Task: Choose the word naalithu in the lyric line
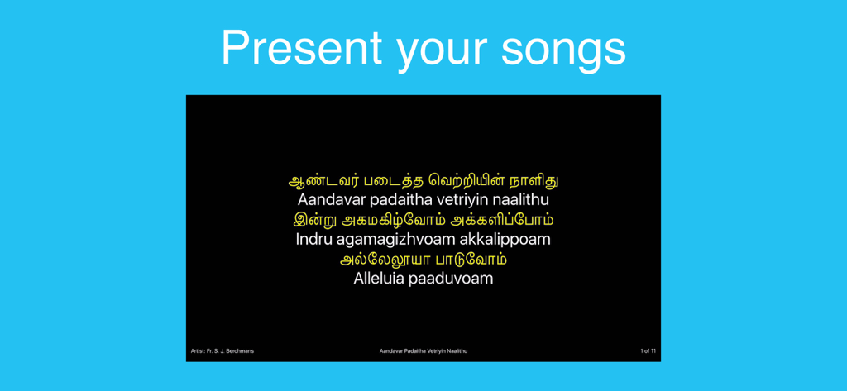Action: pos(521,200)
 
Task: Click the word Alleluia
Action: pos(378,279)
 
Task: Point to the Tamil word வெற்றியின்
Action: pos(466,180)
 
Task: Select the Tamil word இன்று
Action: pos(314,220)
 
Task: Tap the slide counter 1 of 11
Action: pos(648,351)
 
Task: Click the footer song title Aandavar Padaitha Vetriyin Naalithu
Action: pos(423,351)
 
